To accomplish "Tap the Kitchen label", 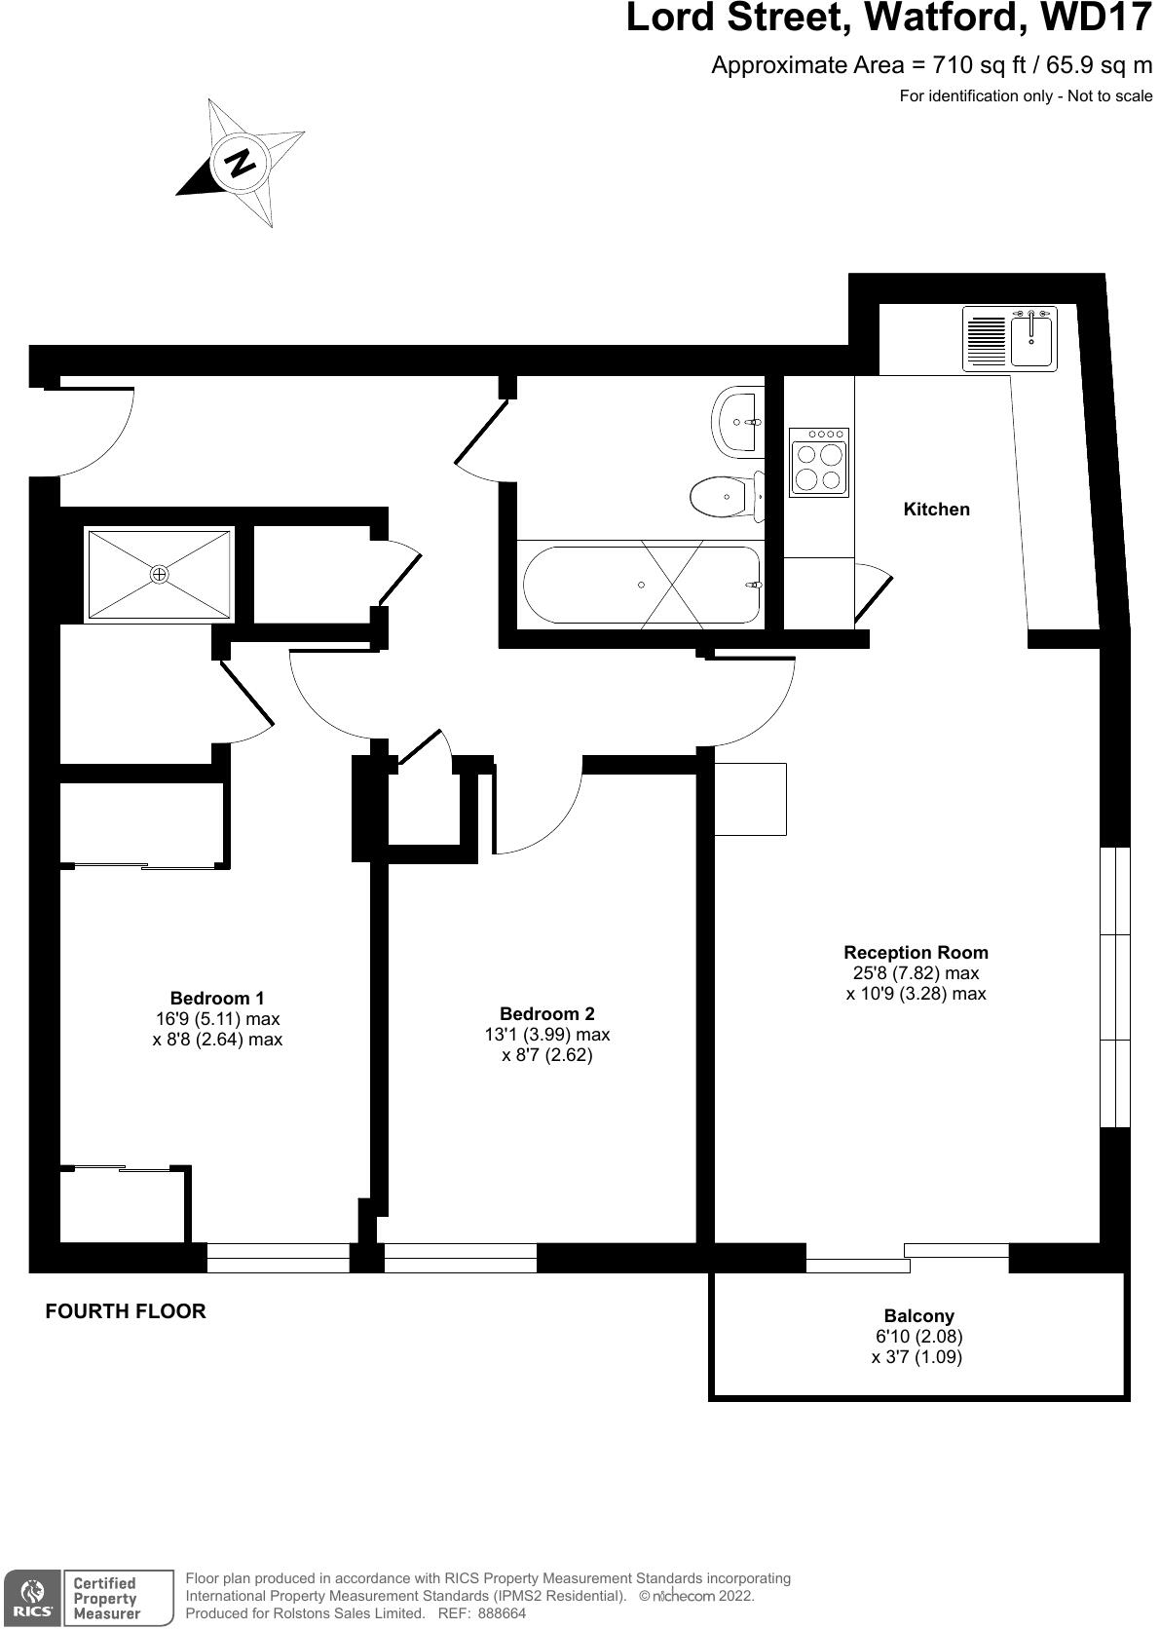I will pyautogui.click(x=936, y=510).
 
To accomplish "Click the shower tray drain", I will pyautogui.click(x=160, y=575).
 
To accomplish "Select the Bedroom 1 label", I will pyautogui.click(x=216, y=999).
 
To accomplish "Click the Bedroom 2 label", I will pyautogui.click(x=546, y=1014).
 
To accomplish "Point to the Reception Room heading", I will pyautogui.click(x=916, y=953).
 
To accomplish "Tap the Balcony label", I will pyautogui.click(x=918, y=1316).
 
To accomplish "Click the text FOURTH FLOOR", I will pyautogui.click(x=126, y=1311).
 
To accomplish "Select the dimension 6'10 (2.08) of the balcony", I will pyautogui.click(x=918, y=1337).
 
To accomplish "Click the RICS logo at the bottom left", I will pyautogui.click(x=33, y=1598).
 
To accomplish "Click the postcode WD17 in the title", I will pyautogui.click(x=1095, y=18).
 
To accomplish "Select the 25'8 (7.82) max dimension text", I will pyautogui.click(x=916, y=973).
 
